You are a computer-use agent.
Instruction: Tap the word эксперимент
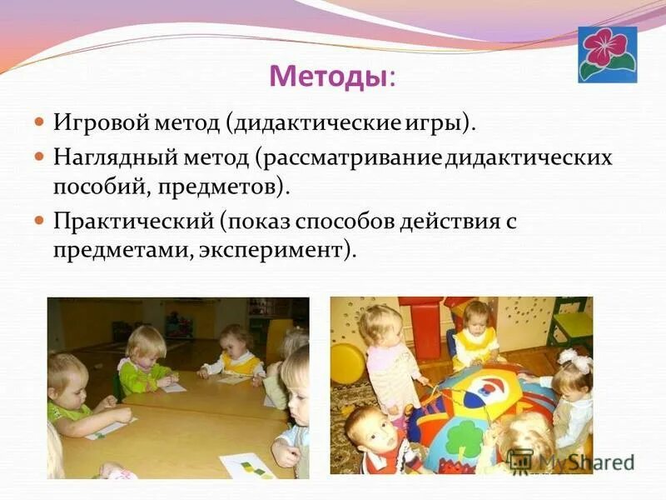pyautogui.click(x=271, y=249)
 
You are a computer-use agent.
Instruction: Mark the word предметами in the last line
pyautogui.click(x=123, y=249)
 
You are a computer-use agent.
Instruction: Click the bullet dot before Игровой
pyautogui.click(x=38, y=122)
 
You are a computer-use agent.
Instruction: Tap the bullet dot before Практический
pyautogui.click(x=38, y=220)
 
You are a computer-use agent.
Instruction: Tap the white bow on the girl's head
pyautogui.click(x=574, y=359)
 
